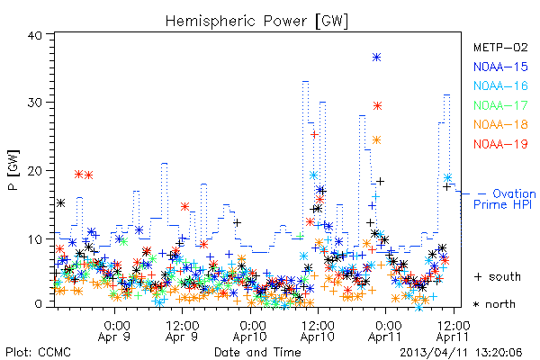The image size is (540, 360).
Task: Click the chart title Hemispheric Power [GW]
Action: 256,21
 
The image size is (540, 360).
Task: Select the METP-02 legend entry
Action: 500,47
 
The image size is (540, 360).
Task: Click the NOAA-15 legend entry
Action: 500,67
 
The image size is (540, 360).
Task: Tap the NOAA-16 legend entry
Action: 500,85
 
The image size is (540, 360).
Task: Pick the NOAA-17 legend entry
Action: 500,105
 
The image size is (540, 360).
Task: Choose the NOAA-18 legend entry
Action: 500,124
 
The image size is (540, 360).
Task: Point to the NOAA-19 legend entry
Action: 500,144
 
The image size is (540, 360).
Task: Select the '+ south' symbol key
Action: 498,276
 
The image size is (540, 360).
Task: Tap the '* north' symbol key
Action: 494,304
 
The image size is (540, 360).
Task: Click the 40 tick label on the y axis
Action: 34,35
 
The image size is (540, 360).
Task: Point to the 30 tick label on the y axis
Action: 34,103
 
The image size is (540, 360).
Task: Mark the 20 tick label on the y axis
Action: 34,171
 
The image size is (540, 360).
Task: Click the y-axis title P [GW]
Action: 13,170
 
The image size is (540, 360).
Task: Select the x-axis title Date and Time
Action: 257,352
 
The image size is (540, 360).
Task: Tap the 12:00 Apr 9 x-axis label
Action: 182,331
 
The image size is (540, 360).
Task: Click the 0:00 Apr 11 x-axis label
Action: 385,331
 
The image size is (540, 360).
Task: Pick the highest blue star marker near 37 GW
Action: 377,58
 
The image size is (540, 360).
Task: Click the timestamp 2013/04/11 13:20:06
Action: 461,353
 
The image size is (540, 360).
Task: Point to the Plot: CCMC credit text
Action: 38,353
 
